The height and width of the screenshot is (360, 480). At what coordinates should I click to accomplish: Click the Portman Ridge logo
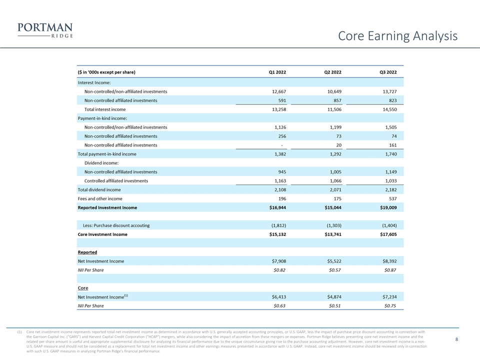pos(45,30)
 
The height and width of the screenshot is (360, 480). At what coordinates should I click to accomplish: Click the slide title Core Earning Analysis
pos(397,36)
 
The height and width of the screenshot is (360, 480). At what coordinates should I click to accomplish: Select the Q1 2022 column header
pos(277,72)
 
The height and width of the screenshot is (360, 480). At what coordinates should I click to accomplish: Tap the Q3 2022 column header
pos(388,72)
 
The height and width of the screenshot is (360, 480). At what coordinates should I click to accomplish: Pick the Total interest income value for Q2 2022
pos(334,109)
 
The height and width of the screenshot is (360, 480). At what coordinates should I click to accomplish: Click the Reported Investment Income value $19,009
pos(388,207)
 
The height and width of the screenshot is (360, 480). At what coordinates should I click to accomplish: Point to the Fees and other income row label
pos(100,198)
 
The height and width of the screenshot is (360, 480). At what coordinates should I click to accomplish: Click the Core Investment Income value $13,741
pos(333,234)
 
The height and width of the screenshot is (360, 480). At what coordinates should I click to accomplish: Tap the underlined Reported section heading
pos(87,252)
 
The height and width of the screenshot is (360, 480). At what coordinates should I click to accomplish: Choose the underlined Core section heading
pos(83,288)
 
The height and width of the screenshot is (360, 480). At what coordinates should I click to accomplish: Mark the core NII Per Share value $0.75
pos(390,306)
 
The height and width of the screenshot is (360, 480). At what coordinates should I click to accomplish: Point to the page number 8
pos(456,339)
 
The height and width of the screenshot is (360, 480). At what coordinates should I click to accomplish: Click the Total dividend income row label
pos(99,190)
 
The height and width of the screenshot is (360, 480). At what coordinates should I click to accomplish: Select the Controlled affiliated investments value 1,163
pos(280,181)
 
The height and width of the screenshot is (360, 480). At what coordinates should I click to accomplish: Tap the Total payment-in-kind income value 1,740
pos(391,154)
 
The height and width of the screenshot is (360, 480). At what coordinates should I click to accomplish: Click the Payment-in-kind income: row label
pos(102,118)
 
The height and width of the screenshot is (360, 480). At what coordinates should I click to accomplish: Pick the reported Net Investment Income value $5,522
pos(334,261)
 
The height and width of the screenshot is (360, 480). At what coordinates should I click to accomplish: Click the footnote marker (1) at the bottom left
pos(19,332)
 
